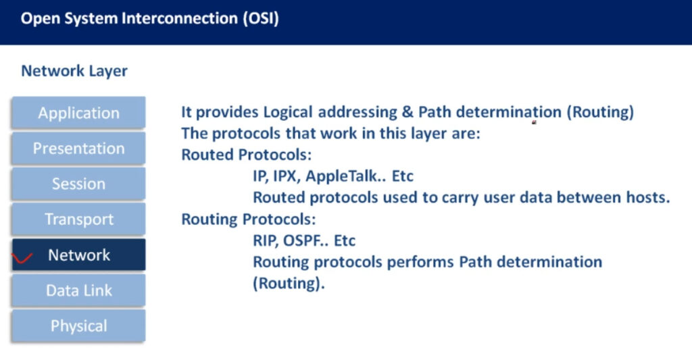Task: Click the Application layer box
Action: coord(78,113)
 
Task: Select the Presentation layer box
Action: coord(78,148)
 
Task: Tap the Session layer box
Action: coord(78,184)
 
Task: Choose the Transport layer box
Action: coord(78,220)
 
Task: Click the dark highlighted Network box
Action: coord(78,255)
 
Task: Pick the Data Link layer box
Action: coord(78,290)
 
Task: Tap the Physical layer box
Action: coord(78,326)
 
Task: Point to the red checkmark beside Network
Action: coord(22,257)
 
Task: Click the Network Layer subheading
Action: coord(74,71)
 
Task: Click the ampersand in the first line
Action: coord(407,112)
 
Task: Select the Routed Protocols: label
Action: coord(246,155)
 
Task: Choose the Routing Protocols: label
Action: coord(249,220)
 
